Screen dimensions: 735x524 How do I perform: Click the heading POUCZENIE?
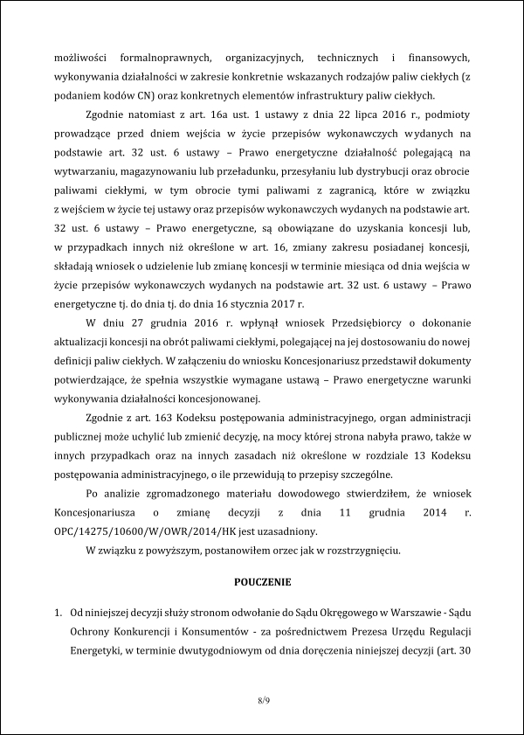pos(262,580)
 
